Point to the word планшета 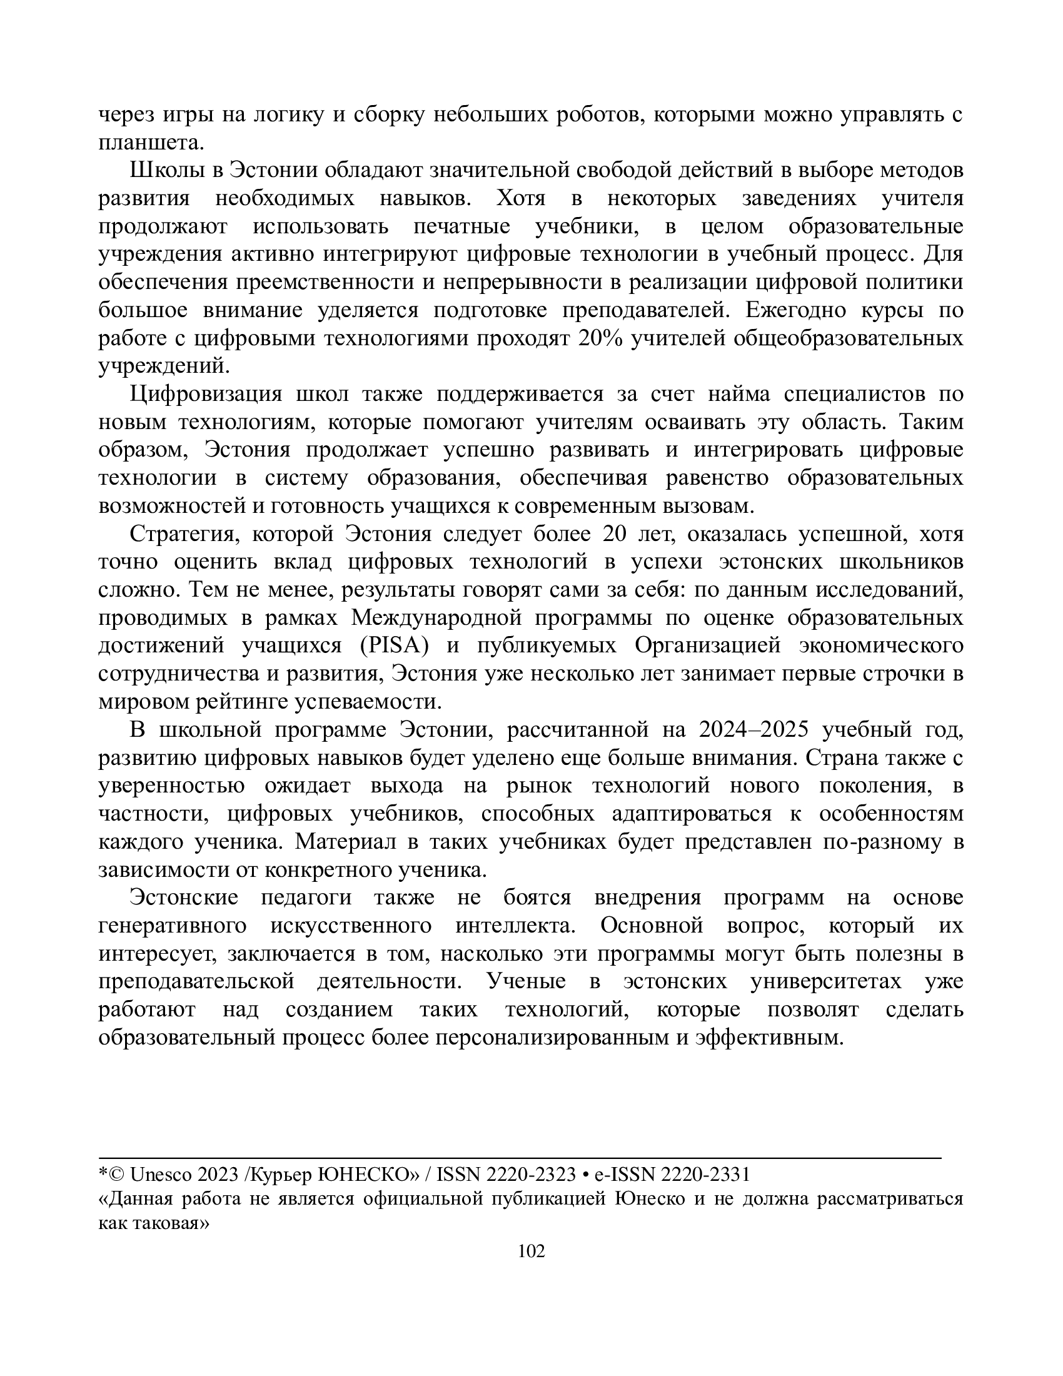click(151, 143)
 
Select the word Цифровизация click(205, 395)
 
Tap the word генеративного click(172, 926)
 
